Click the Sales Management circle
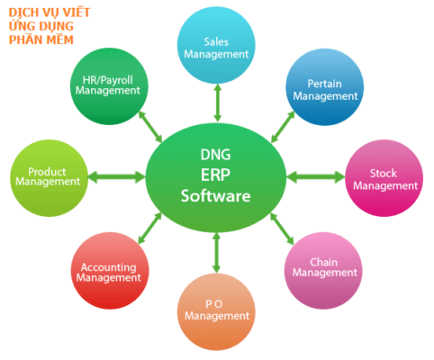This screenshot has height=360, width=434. click(x=216, y=45)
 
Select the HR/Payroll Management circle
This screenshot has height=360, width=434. click(x=109, y=86)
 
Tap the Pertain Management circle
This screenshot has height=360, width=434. click(x=324, y=87)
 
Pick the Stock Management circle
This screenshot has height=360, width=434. click(x=384, y=178)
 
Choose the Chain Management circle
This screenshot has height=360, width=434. click(x=323, y=270)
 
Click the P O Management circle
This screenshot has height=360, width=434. click(x=216, y=312)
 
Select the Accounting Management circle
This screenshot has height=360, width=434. click(x=110, y=270)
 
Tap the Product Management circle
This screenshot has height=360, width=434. click(x=49, y=178)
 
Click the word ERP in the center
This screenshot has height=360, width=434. click(x=215, y=175)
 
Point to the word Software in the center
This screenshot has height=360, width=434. click(x=215, y=196)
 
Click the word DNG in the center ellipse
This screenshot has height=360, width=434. click(x=215, y=155)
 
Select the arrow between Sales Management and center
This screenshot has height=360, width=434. click(x=218, y=103)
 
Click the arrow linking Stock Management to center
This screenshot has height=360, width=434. click(x=316, y=177)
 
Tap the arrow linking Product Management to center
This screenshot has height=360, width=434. click(x=117, y=177)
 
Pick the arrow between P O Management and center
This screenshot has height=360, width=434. click(x=216, y=253)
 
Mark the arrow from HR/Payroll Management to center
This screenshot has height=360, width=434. click(x=150, y=126)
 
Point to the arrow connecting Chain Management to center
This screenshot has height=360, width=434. click(x=282, y=229)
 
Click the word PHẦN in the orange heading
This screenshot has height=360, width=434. click(x=23, y=40)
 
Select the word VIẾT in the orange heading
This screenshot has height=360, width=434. click(x=77, y=13)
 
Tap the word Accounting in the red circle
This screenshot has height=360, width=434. click(x=108, y=267)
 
